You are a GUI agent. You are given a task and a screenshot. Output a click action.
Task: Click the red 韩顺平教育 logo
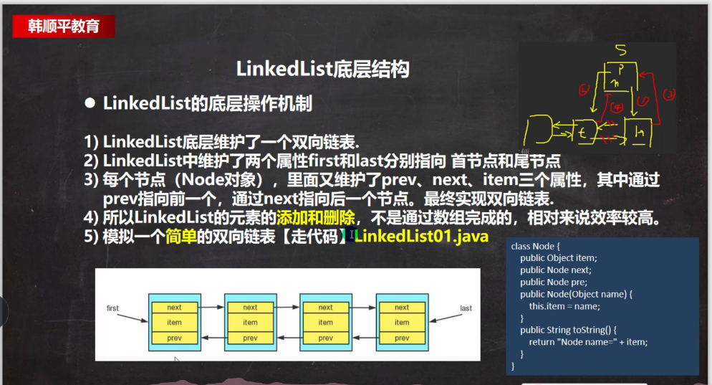(x=63, y=27)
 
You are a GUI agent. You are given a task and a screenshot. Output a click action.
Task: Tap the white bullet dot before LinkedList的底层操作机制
(x=90, y=103)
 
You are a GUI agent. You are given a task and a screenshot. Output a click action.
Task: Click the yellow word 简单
(x=181, y=235)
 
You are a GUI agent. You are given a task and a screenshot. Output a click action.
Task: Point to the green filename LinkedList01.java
(x=421, y=235)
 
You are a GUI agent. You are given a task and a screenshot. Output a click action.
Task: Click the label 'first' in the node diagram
(x=112, y=308)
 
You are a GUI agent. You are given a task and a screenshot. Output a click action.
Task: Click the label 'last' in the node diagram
(x=466, y=308)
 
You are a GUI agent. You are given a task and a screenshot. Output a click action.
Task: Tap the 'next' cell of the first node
(x=174, y=307)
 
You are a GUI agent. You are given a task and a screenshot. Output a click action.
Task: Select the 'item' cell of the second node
(x=250, y=323)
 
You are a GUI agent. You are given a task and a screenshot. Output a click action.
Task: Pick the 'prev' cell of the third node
(x=325, y=338)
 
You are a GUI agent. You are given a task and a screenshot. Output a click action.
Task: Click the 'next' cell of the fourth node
(x=402, y=307)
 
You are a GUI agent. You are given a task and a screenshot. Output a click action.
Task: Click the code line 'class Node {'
(x=533, y=246)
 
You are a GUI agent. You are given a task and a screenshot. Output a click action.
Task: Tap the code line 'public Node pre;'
(x=554, y=282)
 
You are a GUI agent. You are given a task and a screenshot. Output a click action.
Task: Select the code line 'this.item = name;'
(x=564, y=306)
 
